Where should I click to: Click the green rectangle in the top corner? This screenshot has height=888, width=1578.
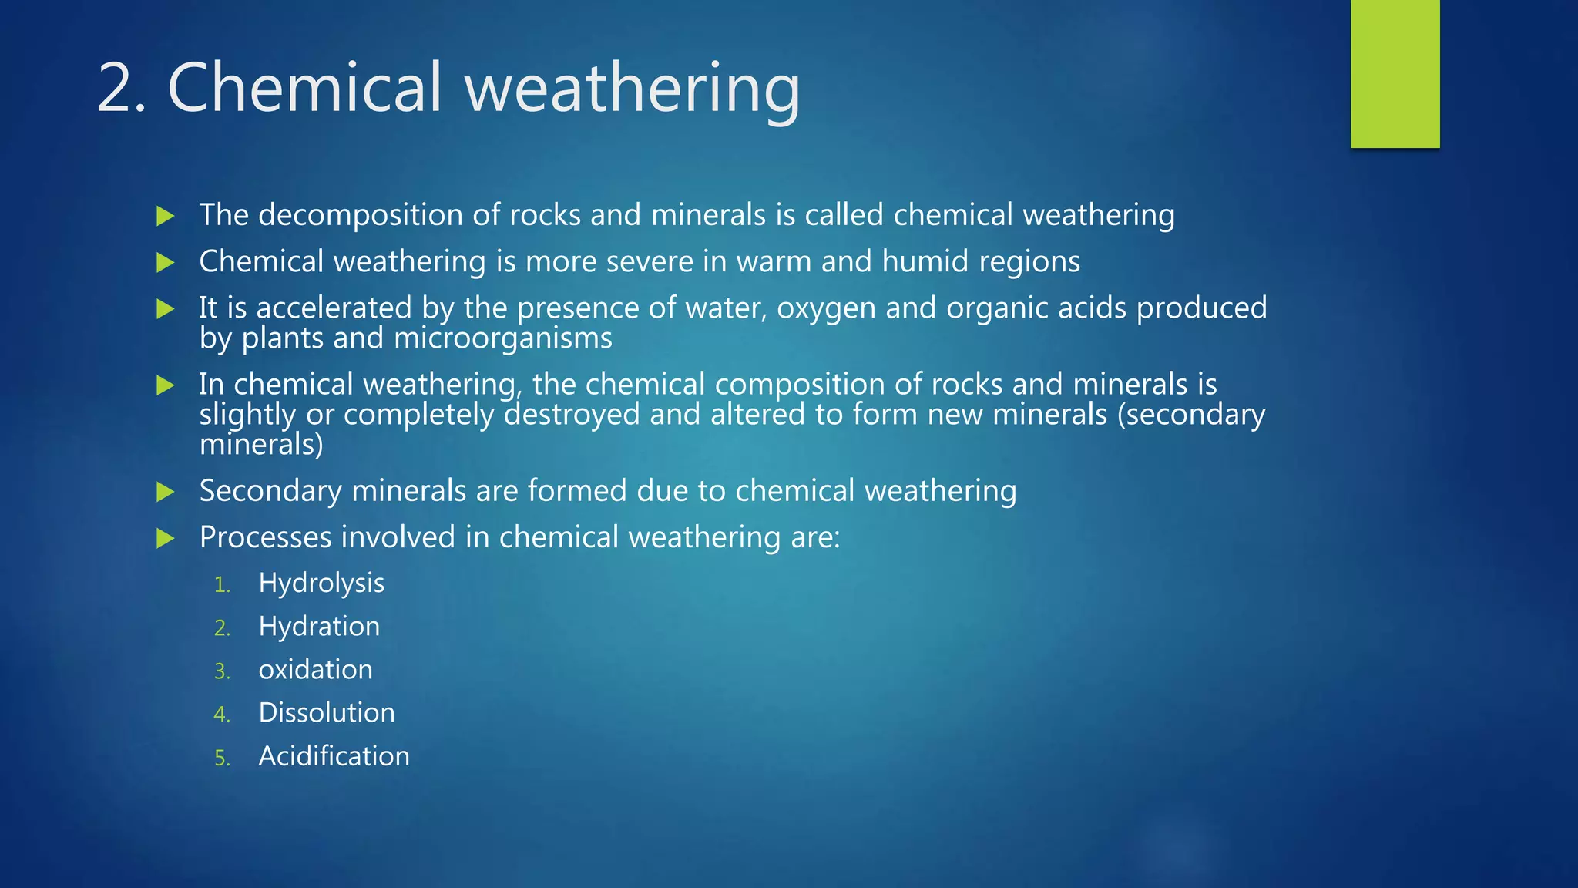pos(1395,74)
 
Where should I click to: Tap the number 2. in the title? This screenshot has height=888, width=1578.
pos(121,89)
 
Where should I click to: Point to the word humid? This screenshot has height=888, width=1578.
pos(925,261)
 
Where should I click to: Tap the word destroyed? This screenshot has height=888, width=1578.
pos(572,415)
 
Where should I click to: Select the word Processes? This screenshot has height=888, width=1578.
pos(265,537)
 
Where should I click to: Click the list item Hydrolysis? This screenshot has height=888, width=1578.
pos(321,584)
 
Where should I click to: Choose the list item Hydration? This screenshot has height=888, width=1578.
pos(319,627)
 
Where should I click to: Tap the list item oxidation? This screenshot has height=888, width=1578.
pos(315,670)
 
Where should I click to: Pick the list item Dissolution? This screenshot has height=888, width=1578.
pos(327,713)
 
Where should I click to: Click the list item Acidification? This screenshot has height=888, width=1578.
pos(334,756)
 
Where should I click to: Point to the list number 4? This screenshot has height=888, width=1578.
pos(222,715)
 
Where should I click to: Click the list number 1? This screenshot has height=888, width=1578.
pos(222,585)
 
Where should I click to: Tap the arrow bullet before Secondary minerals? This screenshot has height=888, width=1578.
pos(166,492)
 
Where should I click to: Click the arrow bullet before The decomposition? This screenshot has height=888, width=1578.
pos(166,216)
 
